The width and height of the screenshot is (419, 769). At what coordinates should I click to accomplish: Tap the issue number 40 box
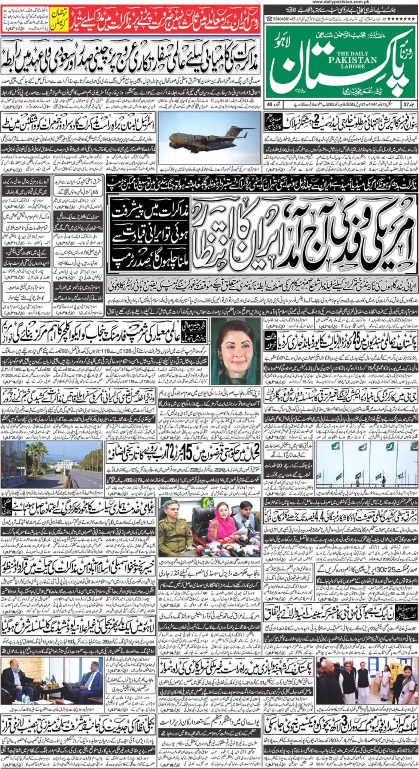271,105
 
